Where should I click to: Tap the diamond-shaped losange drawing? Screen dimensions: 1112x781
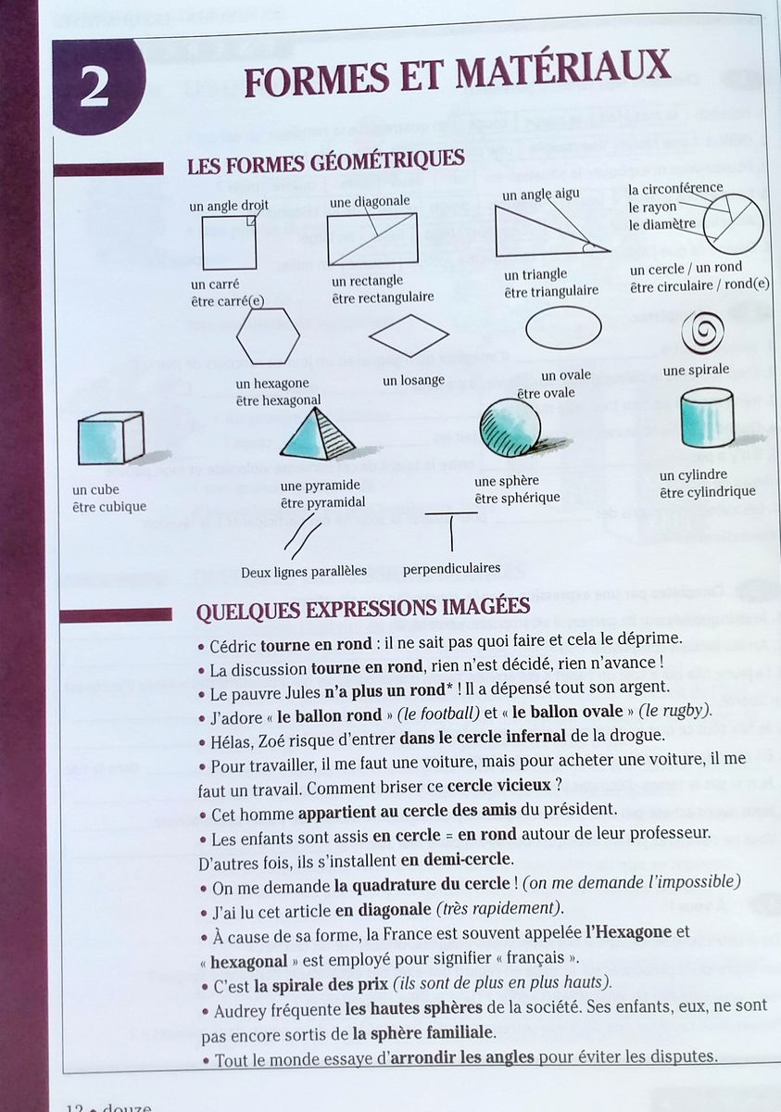(409, 335)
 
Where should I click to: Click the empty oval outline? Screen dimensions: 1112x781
(563, 328)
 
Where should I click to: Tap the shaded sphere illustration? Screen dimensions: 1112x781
(510, 428)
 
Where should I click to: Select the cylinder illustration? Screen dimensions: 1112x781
(706, 418)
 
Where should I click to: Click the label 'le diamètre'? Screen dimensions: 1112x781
(661, 224)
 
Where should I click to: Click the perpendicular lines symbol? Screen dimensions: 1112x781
(450, 529)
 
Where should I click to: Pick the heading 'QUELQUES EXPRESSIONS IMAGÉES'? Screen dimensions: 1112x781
(363, 607)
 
